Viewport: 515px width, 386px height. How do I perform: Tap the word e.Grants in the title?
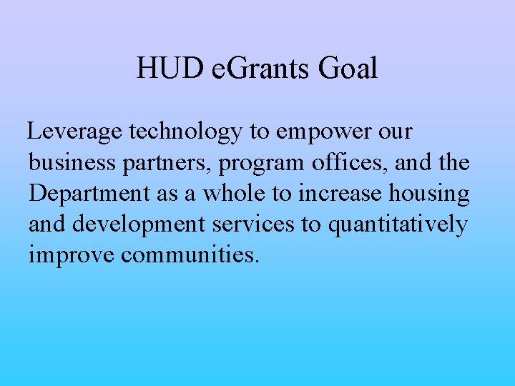[x=260, y=69]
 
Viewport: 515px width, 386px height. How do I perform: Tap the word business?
[x=70, y=163]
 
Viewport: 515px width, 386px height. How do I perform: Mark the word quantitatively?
[x=397, y=225]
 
